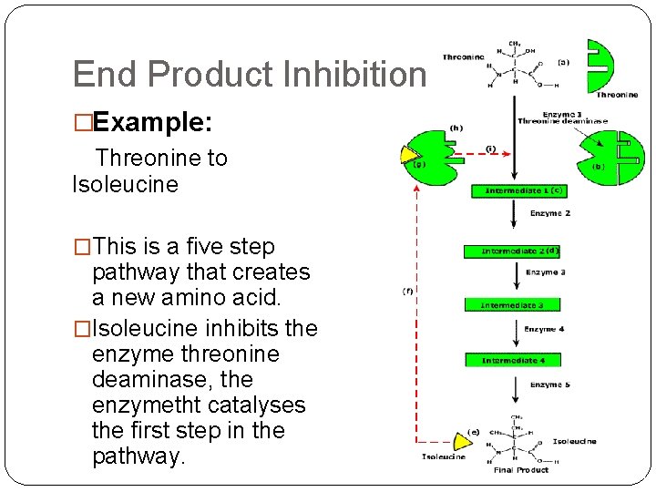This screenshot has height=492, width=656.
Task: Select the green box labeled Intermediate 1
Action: pos(518,191)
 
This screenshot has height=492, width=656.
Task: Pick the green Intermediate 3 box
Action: pos(512,305)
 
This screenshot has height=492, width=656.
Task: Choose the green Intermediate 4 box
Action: pos(512,361)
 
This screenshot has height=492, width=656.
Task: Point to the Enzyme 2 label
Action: pos(550,213)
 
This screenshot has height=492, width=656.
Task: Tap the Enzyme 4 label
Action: pos(544,329)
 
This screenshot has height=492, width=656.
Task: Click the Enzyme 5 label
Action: pos(549,384)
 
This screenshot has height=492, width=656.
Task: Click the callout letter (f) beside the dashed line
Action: pos(408,292)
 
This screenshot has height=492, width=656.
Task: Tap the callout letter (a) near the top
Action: pos(563,63)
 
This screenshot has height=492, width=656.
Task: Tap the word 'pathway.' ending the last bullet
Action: pos(138,456)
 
